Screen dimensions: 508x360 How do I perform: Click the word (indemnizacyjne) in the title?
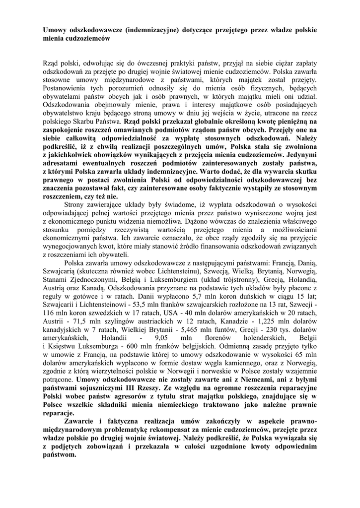coord(154,30)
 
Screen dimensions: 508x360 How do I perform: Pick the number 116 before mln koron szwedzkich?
coord(48,312)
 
